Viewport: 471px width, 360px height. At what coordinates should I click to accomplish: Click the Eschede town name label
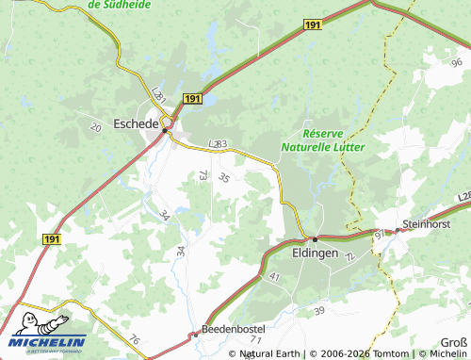[136, 123]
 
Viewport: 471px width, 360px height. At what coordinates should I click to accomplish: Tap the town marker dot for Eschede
[165, 131]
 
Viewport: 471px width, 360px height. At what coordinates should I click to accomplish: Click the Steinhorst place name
[426, 223]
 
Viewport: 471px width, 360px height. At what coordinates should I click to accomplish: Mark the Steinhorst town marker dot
[396, 230]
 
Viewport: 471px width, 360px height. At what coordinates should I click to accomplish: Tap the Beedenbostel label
[235, 329]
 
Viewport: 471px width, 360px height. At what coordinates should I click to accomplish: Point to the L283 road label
[217, 143]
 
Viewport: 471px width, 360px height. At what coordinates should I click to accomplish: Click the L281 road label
[158, 96]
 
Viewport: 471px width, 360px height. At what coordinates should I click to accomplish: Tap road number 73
[203, 174]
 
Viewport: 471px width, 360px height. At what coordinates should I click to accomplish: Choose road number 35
[223, 177]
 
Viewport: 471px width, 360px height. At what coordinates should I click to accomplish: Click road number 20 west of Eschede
[95, 126]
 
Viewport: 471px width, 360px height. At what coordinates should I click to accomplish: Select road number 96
[456, 61]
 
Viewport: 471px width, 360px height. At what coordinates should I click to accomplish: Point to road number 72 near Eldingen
[350, 257]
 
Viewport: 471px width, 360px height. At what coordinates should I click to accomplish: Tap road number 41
[275, 276]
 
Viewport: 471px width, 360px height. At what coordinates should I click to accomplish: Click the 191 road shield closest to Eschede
[192, 98]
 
